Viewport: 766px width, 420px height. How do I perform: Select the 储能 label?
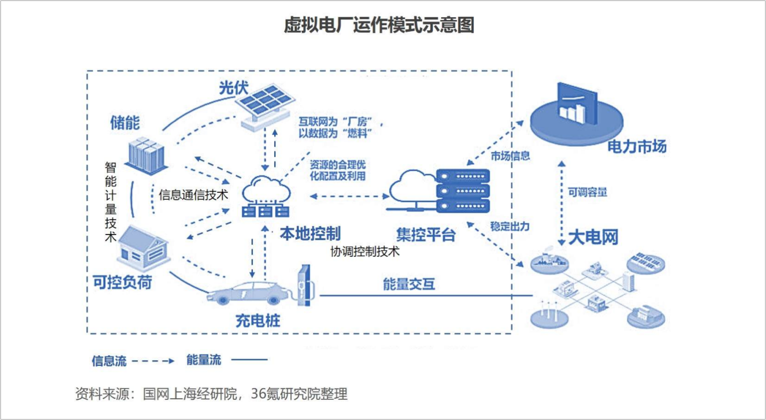coord(125,123)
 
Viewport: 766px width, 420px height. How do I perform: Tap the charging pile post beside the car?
coord(304,285)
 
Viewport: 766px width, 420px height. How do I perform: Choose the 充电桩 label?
coord(257,321)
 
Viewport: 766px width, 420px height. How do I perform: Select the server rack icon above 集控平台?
coord(462,190)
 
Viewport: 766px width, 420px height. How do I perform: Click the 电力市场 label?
coord(636,147)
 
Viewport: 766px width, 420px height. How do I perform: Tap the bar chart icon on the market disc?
coord(576,106)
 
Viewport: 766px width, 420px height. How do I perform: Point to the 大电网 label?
coord(592,237)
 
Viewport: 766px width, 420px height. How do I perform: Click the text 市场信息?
coord(510,156)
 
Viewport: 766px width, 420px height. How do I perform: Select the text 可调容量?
coord(587,193)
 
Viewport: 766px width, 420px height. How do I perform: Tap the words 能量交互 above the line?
coord(409,284)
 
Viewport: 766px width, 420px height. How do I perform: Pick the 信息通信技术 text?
coord(194,195)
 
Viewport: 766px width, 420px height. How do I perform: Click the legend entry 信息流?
coord(109,361)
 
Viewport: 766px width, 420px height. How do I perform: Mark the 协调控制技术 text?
coord(365,251)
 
